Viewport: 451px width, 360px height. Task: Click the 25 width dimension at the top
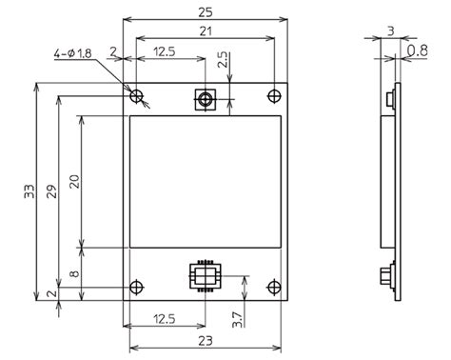(x=206, y=12)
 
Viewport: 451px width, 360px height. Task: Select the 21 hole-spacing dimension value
(x=206, y=31)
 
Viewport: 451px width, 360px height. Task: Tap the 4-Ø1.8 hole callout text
(x=72, y=53)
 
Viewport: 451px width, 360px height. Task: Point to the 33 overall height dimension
(x=29, y=191)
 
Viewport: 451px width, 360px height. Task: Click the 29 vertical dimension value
(x=52, y=191)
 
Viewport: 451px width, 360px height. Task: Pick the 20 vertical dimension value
(x=75, y=182)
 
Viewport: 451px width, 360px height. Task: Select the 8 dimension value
(x=74, y=273)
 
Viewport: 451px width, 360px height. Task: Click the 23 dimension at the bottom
(x=206, y=341)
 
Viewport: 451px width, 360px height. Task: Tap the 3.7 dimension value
(x=237, y=320)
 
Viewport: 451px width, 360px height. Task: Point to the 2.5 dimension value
(x=223, y=59)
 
